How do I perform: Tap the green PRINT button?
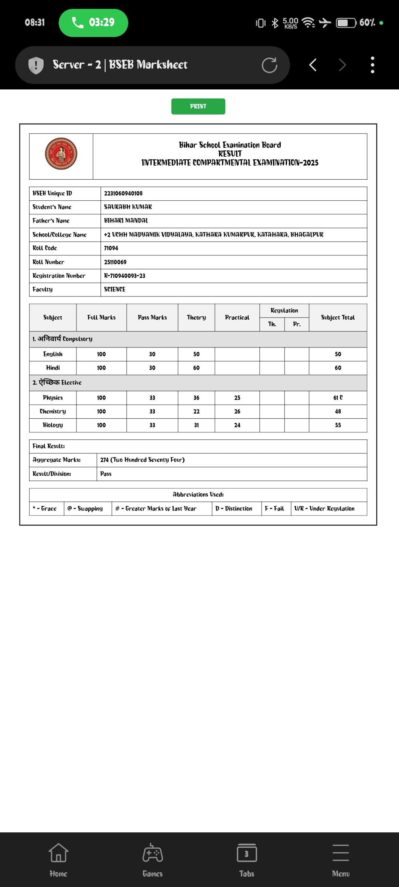[x=198, y=106]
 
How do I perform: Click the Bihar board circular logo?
[x=61, y=154]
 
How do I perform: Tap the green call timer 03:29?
[x=93, y=23]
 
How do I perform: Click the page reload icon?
[x=269, y=65]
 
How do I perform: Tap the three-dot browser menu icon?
[x=372, y=65]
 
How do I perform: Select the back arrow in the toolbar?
[x=313, y=65]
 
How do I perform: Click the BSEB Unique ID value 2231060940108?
[x=123, y=193]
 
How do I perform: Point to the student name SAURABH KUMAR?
[x=128, y=207]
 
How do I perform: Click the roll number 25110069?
[x=115, y=262]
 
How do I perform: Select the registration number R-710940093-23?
[x=125, y=276]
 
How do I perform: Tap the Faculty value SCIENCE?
[x=115, y=289]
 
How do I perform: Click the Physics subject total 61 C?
[x=338, y=398]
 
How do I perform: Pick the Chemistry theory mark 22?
[x=196, y=411]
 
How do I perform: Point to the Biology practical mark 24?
[x=237, y=425]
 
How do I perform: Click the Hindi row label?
[x=53, y=368]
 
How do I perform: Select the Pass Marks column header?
[x=152, y=317]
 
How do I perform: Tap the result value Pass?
[x=106, y=474]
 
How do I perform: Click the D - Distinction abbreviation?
[x=234, y=509]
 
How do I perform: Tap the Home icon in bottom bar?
[x=58, y=860]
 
